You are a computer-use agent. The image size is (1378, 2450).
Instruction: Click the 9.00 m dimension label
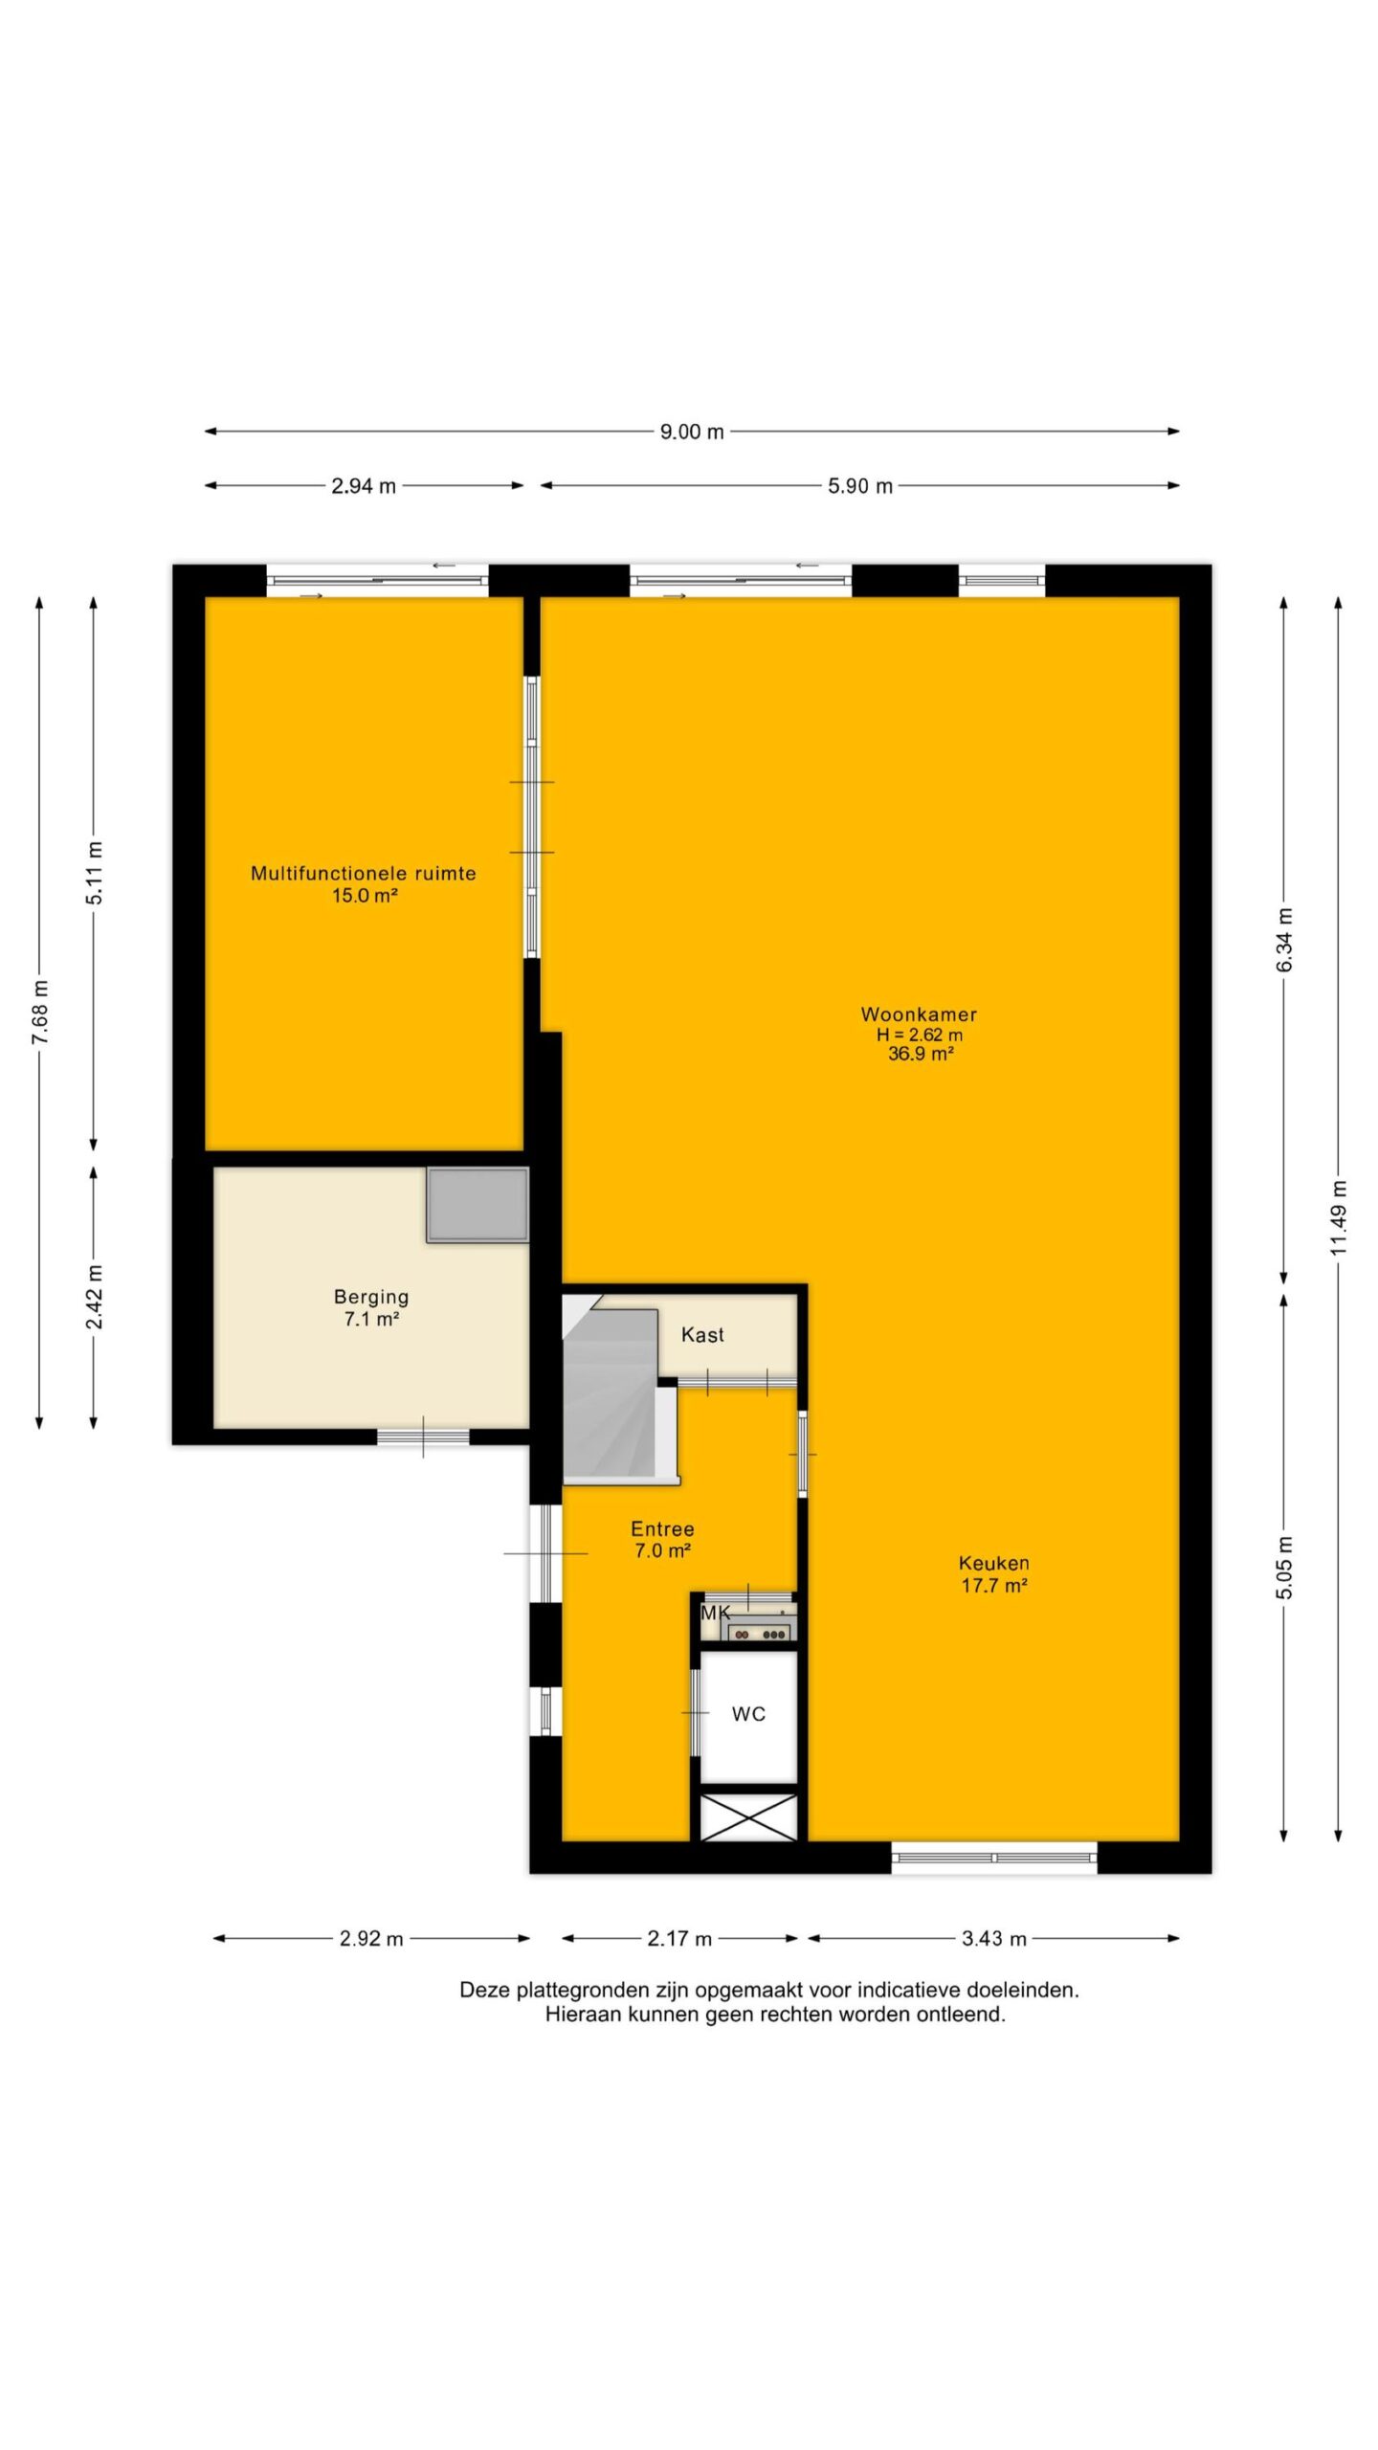coord(691,432)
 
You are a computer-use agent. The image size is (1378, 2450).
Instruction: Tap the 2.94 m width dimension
coord(364,486)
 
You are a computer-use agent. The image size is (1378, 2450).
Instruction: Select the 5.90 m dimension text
coord(860,486)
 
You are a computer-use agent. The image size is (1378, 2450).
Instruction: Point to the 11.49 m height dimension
coord(1339,1217)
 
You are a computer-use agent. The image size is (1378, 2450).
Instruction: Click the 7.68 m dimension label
coord(39,1013)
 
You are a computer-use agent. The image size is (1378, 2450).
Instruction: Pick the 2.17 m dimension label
coord(679,1939)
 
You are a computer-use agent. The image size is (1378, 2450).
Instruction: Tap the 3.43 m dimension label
coord(994,1939)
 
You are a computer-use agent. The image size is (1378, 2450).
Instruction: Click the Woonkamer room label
coord(919,1014)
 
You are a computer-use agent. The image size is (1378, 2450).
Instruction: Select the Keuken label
coord(994,1563)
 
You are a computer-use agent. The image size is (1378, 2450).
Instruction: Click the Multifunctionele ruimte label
coord(364,873)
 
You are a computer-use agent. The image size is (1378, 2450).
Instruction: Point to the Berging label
coord(371,1298)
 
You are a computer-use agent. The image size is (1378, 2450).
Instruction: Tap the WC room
coord(748,1714)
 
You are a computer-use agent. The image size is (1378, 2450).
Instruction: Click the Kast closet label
coord(702,1335)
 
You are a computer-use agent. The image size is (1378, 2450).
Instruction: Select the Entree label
coord(662,1529)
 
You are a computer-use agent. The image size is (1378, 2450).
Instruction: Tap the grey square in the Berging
coord(478,1205)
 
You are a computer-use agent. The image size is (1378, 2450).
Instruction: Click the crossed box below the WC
coord(749,1817)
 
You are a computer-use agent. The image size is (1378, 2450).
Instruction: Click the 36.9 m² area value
coord(920,1055)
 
